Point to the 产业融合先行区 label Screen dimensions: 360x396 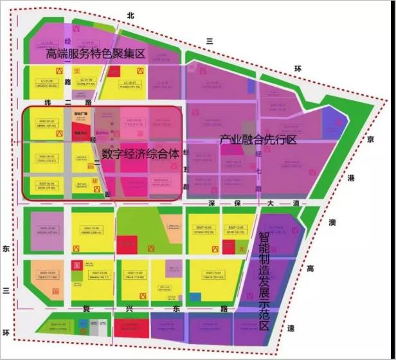click(258, 139)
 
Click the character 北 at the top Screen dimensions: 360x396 click(130, 15)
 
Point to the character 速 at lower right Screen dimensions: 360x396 click(291, 328)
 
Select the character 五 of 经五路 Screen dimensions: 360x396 click(186, 170)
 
